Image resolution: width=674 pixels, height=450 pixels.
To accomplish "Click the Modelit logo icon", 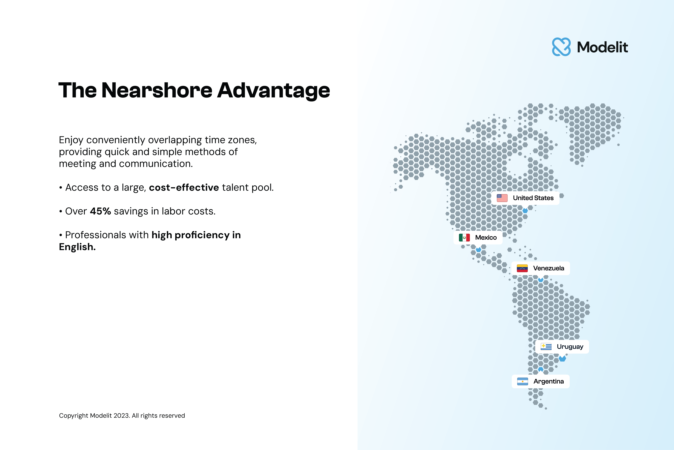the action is pos(561,47).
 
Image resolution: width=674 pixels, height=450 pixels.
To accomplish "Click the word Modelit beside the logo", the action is pos(602,47).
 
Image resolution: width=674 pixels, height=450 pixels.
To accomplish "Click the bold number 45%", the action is pos(100,211).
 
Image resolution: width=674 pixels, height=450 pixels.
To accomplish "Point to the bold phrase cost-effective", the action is pos(184,187).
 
